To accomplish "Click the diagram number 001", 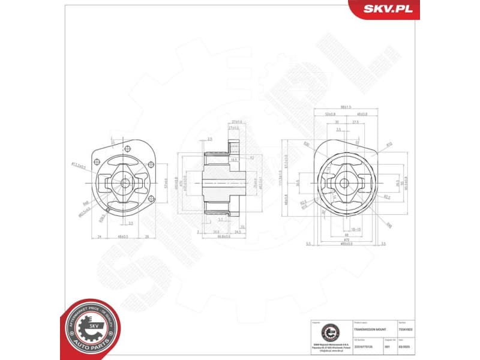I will pyautogui.click(x=388, y=346).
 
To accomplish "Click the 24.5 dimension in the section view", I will pyautogui.click(x=238, y=231).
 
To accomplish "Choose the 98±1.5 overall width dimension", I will pyautogui.click(x=346, y=107).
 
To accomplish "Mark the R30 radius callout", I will pyautogui.click(x=307, y=144).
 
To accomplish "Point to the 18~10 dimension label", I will pyautogui.click(x=355, y=229).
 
